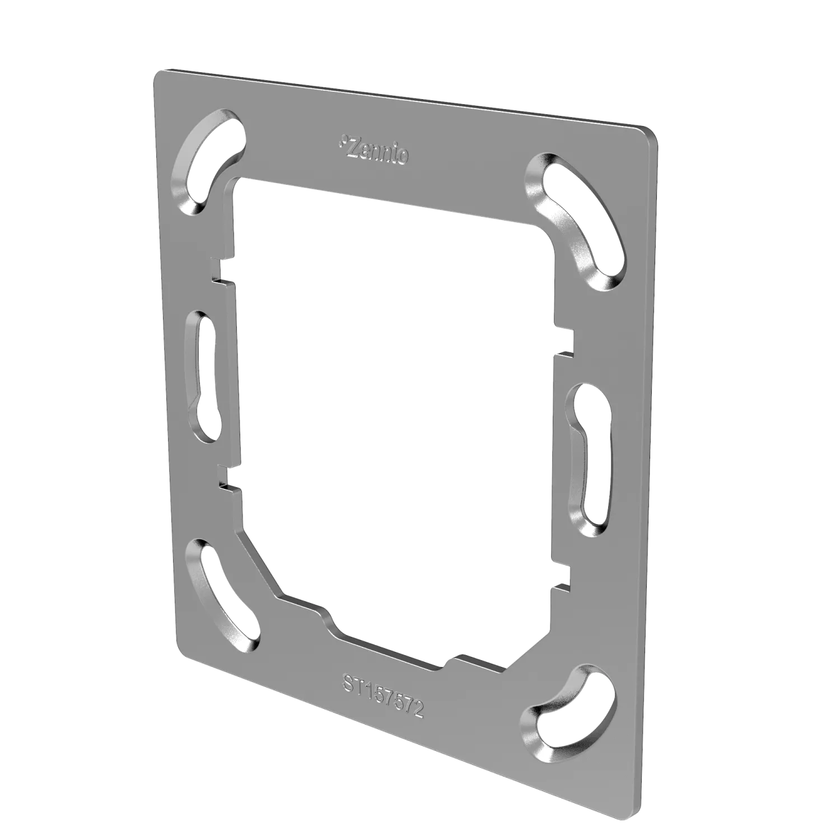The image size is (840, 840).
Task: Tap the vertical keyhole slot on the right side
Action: (588, 459)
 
